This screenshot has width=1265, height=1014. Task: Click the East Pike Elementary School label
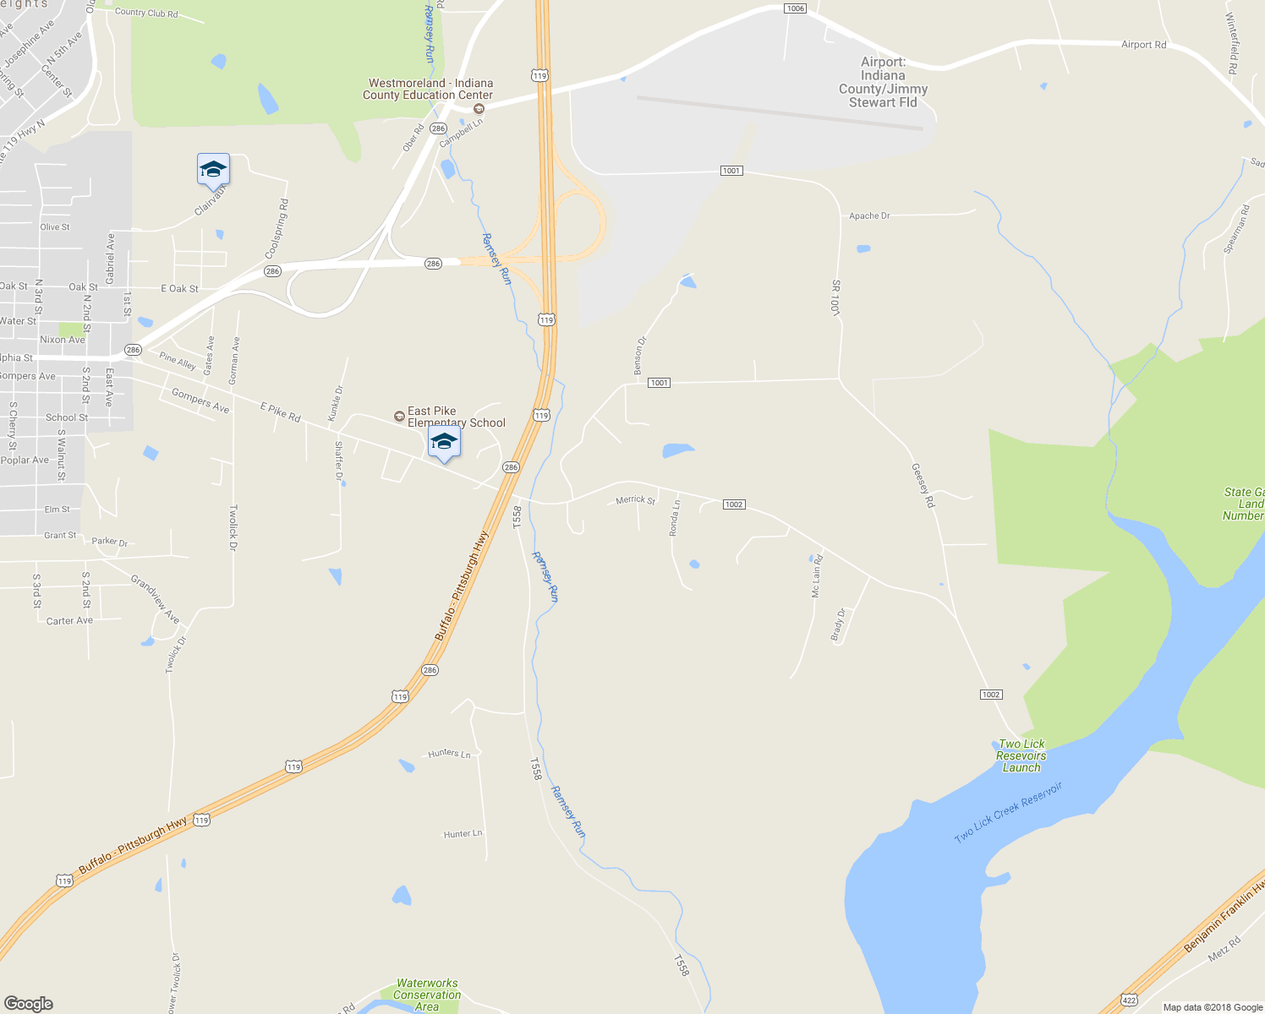point(456,417)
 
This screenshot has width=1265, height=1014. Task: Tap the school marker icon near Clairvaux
point(213,170)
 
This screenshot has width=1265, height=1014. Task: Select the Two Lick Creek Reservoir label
point(1008,813)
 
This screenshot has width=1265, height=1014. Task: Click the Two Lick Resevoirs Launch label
point(1021,755)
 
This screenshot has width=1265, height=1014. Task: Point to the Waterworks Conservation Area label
point(427,995)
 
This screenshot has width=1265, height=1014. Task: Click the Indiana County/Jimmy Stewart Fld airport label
point(883,82)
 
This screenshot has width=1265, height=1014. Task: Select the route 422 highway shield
point(1129,1000)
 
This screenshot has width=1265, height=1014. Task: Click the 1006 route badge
point(795,8)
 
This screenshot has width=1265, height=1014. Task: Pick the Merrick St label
point(636,500)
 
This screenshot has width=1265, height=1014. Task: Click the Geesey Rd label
point(923,485)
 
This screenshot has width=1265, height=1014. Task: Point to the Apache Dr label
point(869,216)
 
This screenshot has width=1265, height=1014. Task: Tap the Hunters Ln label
point(449,754)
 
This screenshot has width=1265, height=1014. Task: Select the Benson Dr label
point(640,356)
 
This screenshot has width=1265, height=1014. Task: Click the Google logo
point(29,1003)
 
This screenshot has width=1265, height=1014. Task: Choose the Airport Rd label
point(1143,45)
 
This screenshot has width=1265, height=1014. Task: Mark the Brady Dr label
point(838,624)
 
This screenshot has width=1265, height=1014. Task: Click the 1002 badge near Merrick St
point(733,504)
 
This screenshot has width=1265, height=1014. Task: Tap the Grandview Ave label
point(156,598)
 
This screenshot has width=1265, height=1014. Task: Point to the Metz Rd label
point(1224,948)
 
